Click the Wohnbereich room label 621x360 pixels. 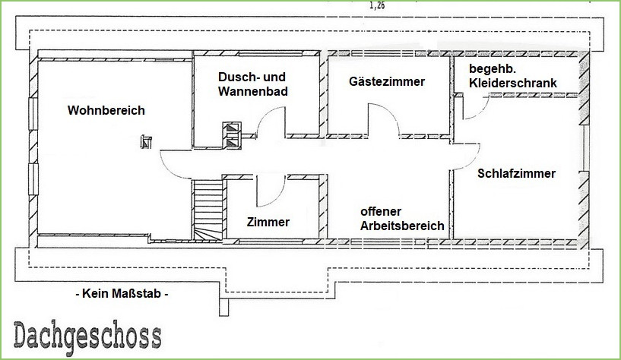click(x=106, y=110)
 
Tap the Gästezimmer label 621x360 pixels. click(x=387, y=81)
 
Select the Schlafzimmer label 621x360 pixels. click(x=516, y=173)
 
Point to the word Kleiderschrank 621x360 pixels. click(x=513, y=83)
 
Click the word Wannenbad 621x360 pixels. click(x=252, y=91)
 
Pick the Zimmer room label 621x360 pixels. click(x=268, y=222)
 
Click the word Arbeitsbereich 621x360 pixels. click(x=402, y=226)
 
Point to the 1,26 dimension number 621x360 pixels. click(x=377, y=5)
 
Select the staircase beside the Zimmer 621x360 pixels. click(x=208, y=210)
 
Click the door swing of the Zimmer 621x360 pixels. click(x=271, y=191)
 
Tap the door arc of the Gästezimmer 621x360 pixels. click(x=384, y=118)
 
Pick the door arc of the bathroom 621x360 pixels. click(x=271, y=122)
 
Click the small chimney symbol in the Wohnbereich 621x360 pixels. click(x=146, y=141)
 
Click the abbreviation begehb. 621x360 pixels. click(x=493, y=69)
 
